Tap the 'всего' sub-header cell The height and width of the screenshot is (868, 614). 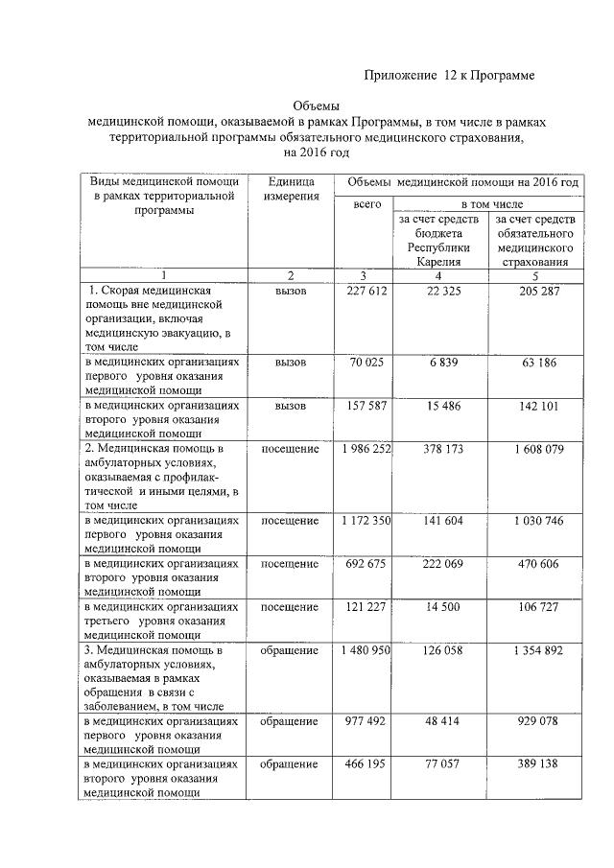click(x=367, y=205)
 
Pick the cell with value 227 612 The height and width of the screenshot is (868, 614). click(x=364, y=292)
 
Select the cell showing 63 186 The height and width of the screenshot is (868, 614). click(x=535, y=364)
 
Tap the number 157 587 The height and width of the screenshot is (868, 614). click(x=364, y=407)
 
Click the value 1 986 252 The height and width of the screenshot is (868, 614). click(x=364, y=450)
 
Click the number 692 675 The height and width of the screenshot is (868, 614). click(x=364, y=564)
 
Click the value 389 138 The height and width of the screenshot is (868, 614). click(x=535, y=765)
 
